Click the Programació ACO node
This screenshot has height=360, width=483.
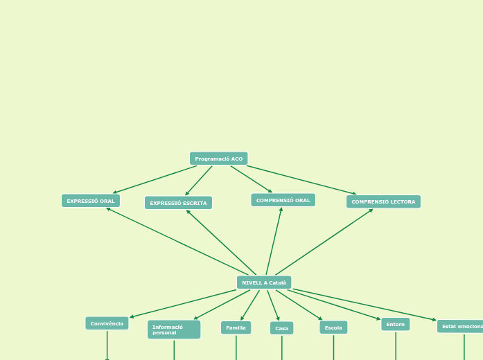218,159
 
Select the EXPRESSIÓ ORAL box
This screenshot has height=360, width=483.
91,201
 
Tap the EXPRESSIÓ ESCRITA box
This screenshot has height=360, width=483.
178,203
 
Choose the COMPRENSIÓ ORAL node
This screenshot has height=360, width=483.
283,200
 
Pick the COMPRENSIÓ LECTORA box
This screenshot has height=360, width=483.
383,201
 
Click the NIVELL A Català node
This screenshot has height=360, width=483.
264,282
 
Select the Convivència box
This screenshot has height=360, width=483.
107,323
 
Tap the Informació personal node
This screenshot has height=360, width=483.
174,330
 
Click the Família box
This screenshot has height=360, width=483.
236,327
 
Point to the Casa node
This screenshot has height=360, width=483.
281,328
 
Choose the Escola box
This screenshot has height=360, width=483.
333,327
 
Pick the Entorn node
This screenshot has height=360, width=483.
396,324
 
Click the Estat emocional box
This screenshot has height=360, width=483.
462,326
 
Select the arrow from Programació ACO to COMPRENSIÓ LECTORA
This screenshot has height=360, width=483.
301,180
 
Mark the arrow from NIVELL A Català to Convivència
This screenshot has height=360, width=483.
184,303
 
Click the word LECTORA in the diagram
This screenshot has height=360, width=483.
401,201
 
